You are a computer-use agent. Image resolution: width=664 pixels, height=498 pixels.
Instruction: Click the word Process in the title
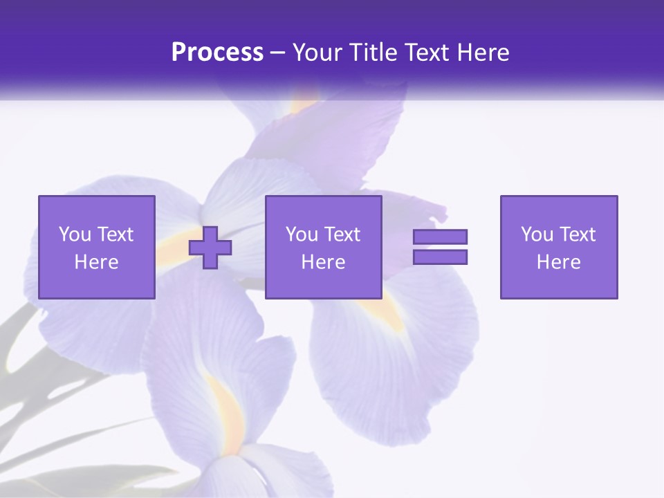point(217,53)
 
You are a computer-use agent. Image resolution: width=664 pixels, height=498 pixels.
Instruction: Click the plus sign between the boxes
point(210,248)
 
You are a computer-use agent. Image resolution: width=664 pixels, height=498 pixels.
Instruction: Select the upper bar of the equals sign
point(440,237)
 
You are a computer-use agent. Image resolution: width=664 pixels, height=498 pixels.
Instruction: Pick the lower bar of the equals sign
point(440,257)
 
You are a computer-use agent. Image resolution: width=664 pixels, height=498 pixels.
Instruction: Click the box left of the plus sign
point(97,248)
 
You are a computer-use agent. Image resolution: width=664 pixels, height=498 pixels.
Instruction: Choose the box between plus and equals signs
point(324,248)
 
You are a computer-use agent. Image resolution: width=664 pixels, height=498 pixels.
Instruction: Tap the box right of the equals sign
point(559,248)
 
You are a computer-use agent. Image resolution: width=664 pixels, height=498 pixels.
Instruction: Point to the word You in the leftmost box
point(75,234)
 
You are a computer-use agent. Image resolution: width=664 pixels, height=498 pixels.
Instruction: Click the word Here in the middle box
point(324,262)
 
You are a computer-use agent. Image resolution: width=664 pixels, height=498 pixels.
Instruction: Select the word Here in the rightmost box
point(559,262)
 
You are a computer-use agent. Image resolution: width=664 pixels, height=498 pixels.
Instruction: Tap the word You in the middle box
point(301,234)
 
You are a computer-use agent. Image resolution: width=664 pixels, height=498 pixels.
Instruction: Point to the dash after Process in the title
point(277,53)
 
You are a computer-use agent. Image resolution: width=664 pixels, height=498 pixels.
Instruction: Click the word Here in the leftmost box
point(97,262)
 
